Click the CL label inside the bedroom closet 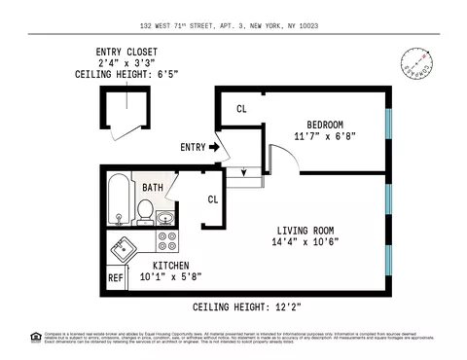[241, 108]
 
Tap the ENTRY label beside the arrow [193, 147]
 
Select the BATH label [153, 187]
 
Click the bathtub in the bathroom [119, 198]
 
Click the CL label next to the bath [212, 199]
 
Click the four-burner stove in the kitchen [165, 240]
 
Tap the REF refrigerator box [116, 278]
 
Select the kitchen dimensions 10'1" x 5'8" [157, 276]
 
